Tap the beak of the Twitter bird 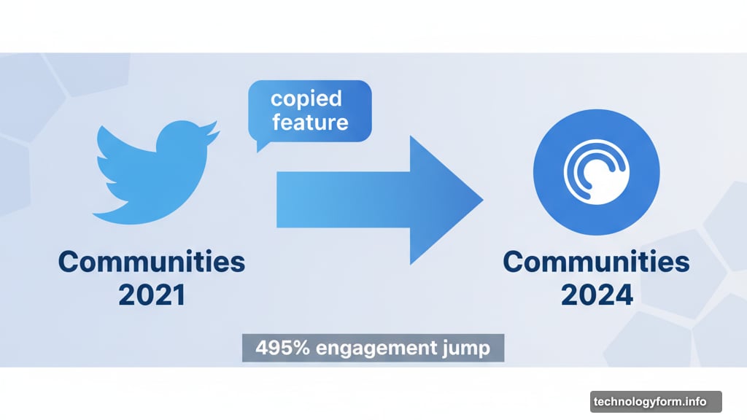click(x=213, y=133)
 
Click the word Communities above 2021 click(x=152, y=261)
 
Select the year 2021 click(x=152, y=295)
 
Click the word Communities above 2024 click(x=596, y=261)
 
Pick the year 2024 click(x=596, y=295)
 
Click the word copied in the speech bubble click(x=306, y=98)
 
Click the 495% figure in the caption click(x=274, y=349)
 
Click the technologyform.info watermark click(x=650, y=402)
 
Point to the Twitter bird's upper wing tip click(x=102, y=135)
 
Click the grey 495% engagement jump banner click(x=373, y=349)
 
